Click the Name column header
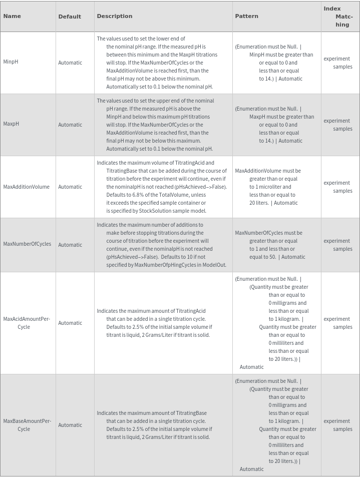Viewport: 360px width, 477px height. (x=12, y=16)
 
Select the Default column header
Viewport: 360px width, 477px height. (x=70, y=17)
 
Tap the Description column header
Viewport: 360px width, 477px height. (x=115, y=16)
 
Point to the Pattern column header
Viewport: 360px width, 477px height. (x=247, y=16)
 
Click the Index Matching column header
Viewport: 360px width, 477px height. (x=338, y=17)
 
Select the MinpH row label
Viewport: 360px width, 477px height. (x=11, y=62)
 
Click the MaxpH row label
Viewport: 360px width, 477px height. (x=11, y=124)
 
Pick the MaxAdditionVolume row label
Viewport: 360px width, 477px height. (x=27, y=187)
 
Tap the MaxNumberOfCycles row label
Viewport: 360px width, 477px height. (x=27, y=244)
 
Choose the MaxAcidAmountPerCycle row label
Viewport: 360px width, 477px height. (x=27, y=323)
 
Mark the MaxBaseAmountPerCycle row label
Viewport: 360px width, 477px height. (x=27, y=425)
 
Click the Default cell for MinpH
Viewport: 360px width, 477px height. (x=70, y=63)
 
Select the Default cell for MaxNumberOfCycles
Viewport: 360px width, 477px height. (x=70, y=245)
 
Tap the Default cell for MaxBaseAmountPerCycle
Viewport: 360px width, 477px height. (x=70, y=425)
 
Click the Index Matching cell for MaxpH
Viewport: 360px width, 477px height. (x=338, y=125)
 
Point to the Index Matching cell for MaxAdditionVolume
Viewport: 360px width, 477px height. (x=338, y=187)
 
